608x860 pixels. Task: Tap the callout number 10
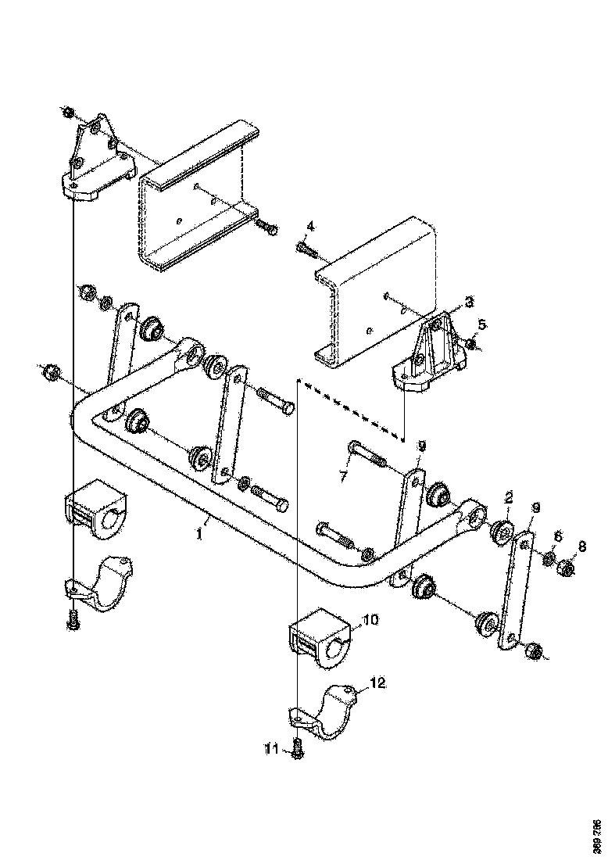click(370, 620)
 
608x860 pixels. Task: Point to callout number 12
click(377, 683)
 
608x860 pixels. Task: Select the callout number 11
click(271, 749)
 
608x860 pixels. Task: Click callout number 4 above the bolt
click(309, 226)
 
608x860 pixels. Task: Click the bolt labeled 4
click(306, 249)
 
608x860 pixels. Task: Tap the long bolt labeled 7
click(367, 454)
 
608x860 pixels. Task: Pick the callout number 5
click(481, 323)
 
